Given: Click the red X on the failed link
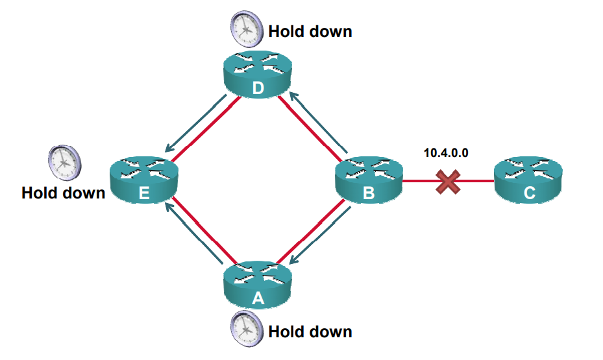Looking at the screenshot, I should pos(448,182).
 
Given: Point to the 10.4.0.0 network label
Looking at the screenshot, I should pos(446,153).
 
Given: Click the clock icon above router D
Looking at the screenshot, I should pos(246,28).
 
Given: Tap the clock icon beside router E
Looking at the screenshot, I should pos(64,162).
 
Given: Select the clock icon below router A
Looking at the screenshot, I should pos(246,328).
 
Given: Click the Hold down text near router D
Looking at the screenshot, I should pos(310,30).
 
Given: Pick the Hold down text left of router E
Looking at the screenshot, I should pos(63,193).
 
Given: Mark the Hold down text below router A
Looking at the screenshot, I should pos(310,331).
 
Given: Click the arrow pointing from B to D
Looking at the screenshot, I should pos(318,123).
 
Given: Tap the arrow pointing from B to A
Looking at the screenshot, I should pos(318,234).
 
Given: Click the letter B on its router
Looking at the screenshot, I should pos(368,192).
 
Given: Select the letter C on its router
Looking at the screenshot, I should pos(528,192).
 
